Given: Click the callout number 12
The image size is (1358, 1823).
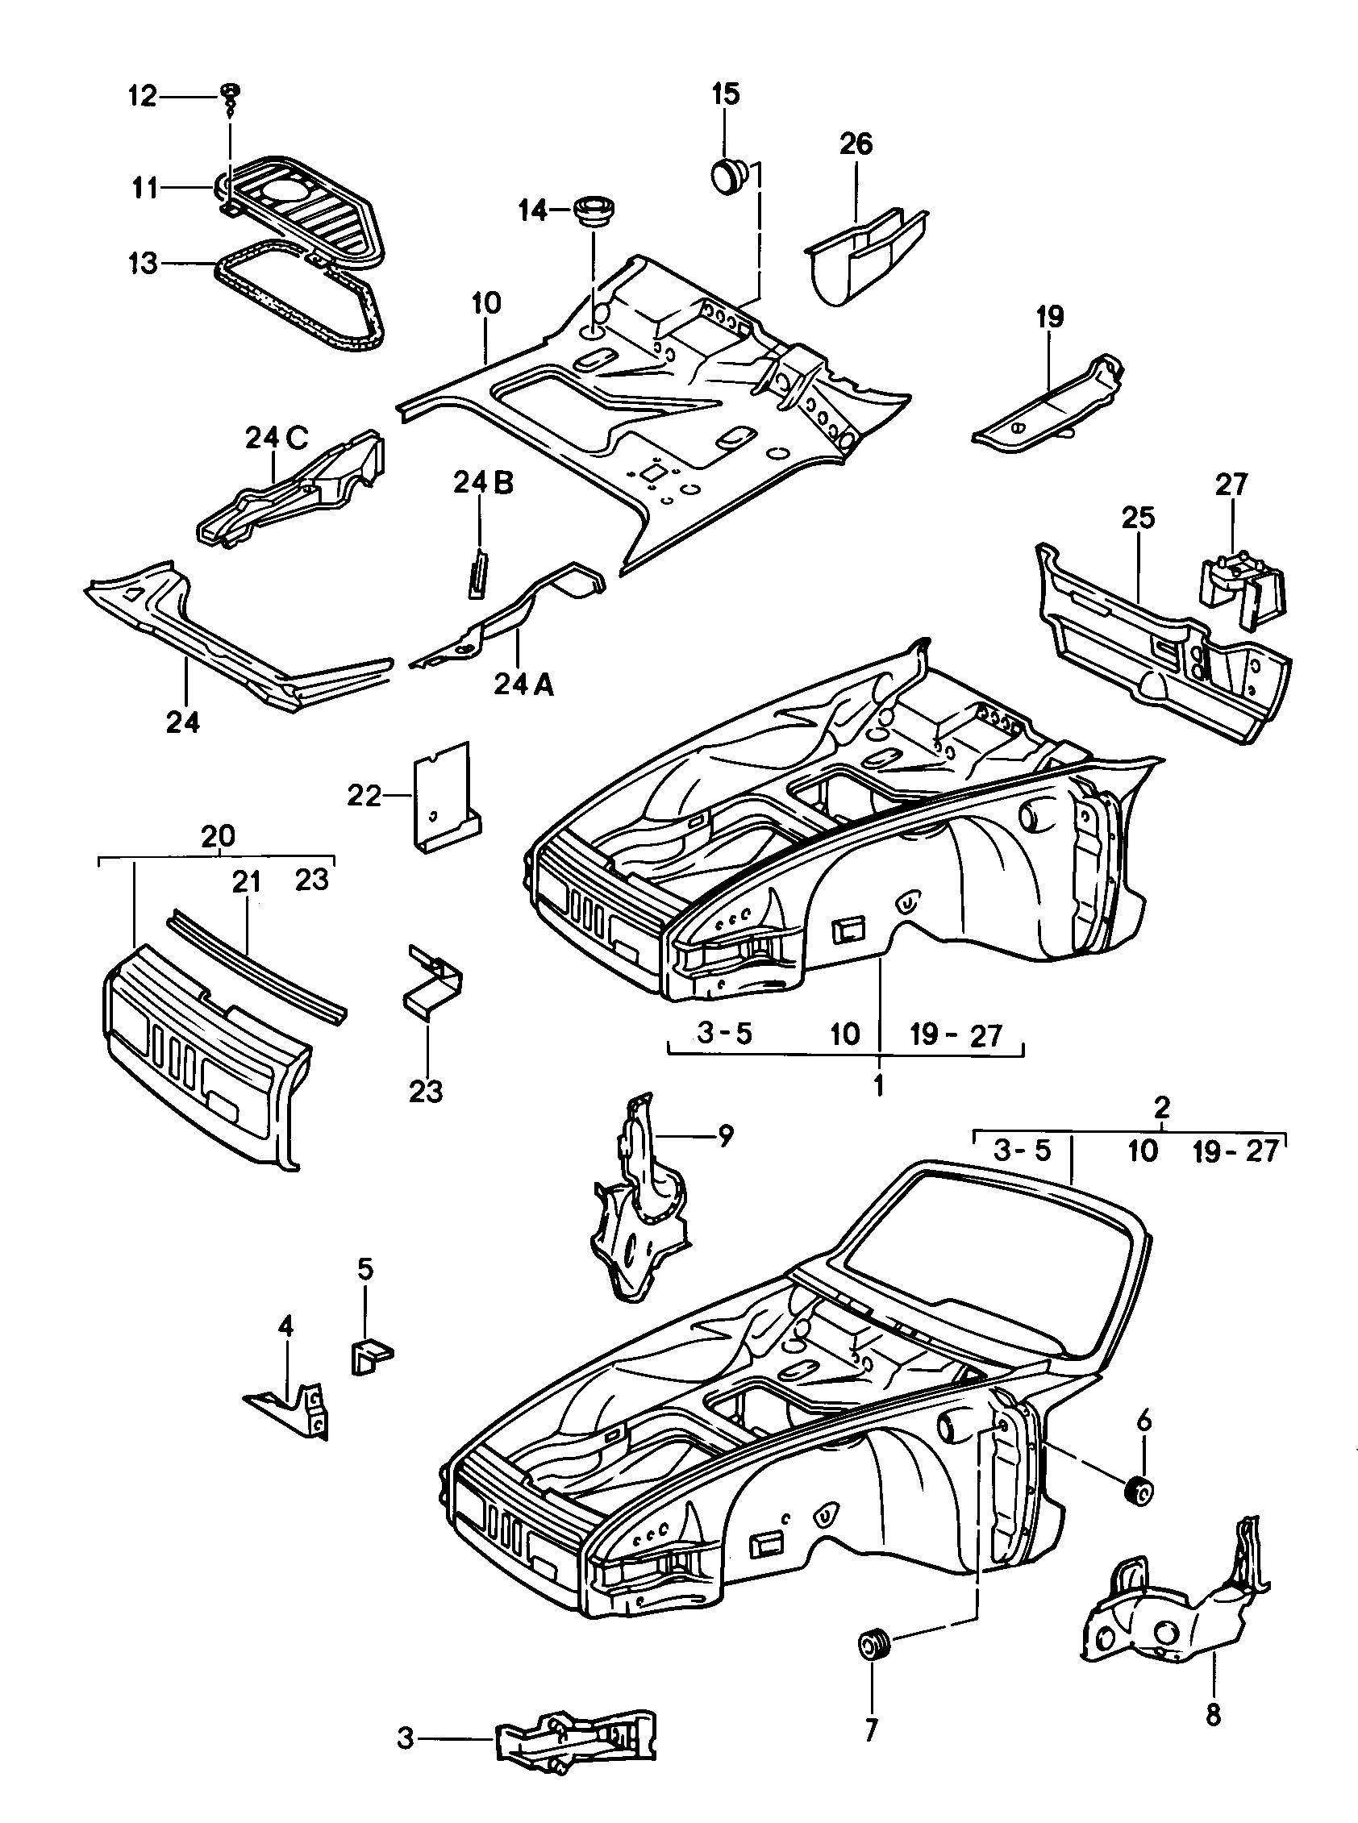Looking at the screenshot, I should click(x=141, y=97).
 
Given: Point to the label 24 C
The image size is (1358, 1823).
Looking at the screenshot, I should click(x=277, y=439).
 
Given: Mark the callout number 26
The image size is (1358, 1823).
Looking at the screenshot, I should click(x=855, y=144).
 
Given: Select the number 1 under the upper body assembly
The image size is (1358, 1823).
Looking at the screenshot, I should click(x=878, y=1085).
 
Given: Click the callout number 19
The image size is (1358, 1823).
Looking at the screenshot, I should click(x=1050, y=316).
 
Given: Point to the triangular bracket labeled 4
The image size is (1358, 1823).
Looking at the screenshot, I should click(x=292, y=1410).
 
